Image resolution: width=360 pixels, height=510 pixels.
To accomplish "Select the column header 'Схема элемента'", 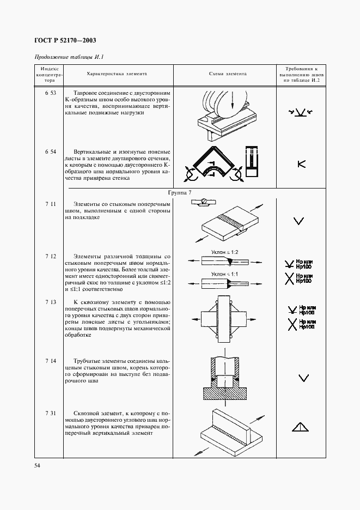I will pyautogui.click(x=228, y=74).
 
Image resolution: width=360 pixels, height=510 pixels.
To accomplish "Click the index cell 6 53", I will pyautogui.click(x=50, y=93).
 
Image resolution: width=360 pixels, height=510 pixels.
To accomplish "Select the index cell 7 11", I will pyautogui.click(x=50, y=203).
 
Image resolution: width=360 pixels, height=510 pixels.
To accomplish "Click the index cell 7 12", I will pyautogui.click(x=50, y=256).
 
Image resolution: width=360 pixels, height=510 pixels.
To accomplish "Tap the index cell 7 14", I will pyautogui.click(x=50, y=361).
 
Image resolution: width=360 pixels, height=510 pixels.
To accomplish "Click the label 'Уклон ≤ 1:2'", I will pyautogui.click(x=225, y=252).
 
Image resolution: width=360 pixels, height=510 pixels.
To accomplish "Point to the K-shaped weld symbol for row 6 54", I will pyautogui.click(x=301, y=163).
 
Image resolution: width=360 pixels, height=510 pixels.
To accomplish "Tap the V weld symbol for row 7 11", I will pyautogui.click(x=298, y=221).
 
